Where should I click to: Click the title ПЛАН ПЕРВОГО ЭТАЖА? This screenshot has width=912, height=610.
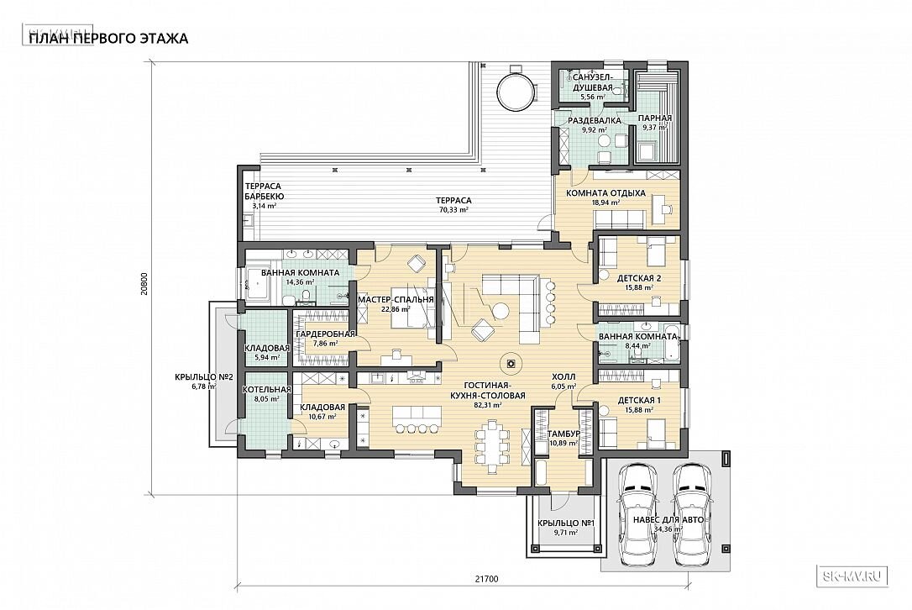(108, 39)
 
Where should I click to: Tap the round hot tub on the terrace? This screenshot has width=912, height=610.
(516, 90)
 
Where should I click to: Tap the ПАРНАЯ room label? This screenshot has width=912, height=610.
(655, 118)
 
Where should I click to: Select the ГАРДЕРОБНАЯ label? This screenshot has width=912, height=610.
(325, 334)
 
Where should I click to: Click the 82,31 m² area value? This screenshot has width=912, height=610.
(489, 406)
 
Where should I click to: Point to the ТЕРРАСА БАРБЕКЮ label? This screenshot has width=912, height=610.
(264, 192)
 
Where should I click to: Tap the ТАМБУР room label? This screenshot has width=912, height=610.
(563, 434)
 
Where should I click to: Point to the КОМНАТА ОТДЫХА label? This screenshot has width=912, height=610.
(606, 193)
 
